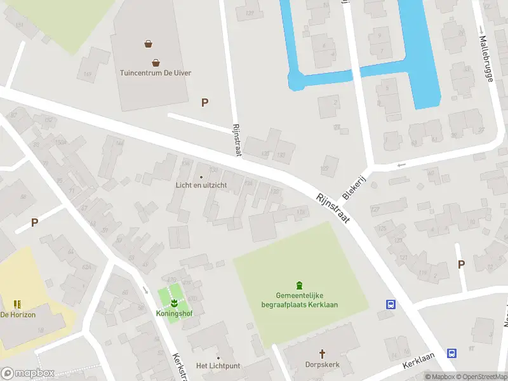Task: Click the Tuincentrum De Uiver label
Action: (156, 72)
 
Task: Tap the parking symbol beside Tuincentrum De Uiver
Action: (204, 102)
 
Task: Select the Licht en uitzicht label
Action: (201, 185)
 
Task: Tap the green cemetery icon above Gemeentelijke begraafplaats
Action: (299, 285)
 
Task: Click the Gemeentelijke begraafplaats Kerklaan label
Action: (299, 300)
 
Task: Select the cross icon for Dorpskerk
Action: (322, 353)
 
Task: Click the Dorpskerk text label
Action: (322, 365)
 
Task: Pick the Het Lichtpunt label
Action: (218, 366)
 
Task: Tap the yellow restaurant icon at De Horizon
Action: (17, 304)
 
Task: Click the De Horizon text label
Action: (17, 314)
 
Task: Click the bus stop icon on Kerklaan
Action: (451, 354)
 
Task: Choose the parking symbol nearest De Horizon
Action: (34, 222)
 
